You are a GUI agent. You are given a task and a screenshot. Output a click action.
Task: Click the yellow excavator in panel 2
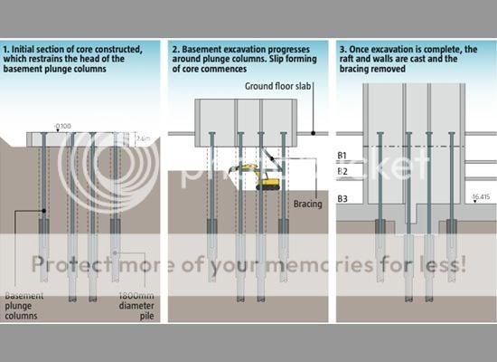pos(263,177)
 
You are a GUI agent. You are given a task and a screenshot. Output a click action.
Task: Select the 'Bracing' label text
pos(308,205)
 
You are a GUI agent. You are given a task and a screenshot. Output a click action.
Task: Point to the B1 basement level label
pos(342,155)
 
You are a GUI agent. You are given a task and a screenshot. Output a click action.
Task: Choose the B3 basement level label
pos(342,198)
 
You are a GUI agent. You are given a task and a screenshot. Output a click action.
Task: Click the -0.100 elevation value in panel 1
pos(63,126)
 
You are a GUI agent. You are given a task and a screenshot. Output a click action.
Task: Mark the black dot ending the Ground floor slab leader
pos(313,132)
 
